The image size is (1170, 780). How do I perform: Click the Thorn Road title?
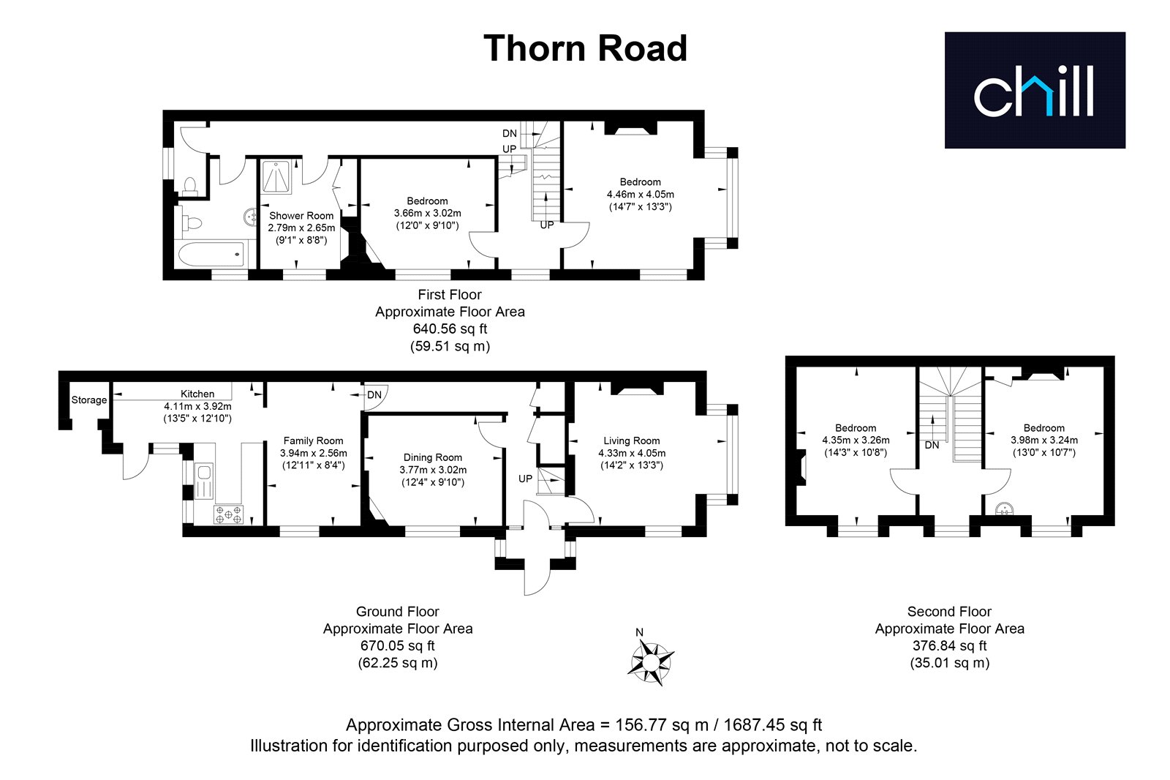click(x=585, y=48)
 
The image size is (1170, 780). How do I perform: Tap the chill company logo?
click(x=1035, y=90)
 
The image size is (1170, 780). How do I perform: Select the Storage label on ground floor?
click(x=88, y=400)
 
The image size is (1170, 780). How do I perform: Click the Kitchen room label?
click(x=197, y=394)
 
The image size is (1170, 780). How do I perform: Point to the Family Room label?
click(x=314, y=440)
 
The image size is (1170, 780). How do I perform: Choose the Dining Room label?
click(x=432, y=457)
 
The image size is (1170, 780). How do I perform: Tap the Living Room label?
click(x=632, y=440)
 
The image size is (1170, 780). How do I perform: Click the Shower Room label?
click(x=301, y=215)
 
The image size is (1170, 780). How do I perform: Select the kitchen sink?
click(x=204, y=481)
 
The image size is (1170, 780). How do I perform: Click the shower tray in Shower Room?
click(x=276, y=178)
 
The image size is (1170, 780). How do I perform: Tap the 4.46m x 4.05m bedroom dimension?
click(x=641, y=194)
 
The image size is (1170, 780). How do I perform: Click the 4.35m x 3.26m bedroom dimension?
click(x=856, y=440)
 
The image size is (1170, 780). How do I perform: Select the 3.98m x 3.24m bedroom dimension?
click(x=1044, y=440)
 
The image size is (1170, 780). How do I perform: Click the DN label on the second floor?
click(x=932, y=445)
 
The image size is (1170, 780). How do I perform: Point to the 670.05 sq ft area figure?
click(x=398, y=645)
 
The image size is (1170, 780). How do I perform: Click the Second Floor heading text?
click(x=949, y=611)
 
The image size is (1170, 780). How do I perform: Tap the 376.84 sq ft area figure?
click(x=950, y=645)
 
